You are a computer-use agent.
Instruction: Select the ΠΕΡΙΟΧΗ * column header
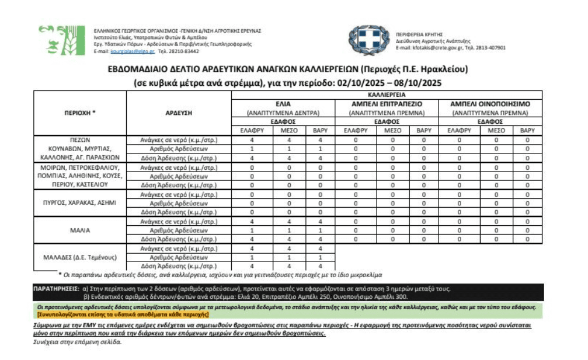(79, 113)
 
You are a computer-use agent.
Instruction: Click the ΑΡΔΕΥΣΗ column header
(179, 113)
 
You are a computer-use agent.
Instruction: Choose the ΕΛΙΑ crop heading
(283, 103)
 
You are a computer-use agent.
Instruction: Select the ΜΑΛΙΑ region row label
(79, 230)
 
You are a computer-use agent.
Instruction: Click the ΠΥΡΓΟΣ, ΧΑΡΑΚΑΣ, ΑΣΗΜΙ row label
(79, 202)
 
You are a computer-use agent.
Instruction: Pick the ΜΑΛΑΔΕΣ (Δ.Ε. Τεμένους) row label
(81, 257)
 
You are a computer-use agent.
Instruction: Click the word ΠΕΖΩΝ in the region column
(79, 140)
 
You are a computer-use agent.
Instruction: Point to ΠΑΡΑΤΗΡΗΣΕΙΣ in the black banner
(55, 288)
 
